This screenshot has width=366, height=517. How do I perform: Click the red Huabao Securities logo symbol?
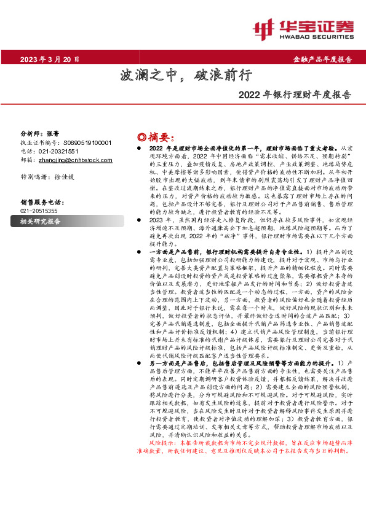(265, 28)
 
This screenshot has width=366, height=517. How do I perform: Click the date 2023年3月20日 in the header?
(50, 60)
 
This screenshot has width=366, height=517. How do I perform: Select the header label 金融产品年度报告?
(322, 60)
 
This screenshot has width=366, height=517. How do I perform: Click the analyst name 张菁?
(52, 134)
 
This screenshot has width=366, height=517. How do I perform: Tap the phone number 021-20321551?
(58, 151)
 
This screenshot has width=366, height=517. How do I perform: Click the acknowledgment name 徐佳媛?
(64, 176)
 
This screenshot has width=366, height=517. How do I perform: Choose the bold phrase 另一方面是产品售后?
(173, 363)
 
